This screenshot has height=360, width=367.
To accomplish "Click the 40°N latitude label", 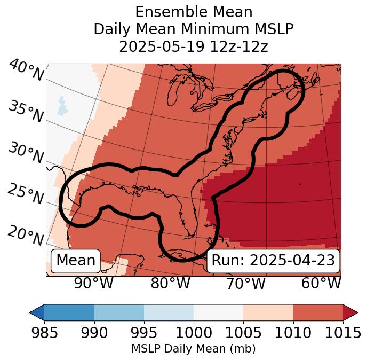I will pos(26,71).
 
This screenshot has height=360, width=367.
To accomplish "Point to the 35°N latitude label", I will pos(26,112).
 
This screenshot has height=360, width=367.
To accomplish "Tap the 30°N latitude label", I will pos(26,153).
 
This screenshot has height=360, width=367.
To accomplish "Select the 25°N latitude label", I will pos(26,194).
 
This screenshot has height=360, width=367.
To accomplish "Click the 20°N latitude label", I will pos(26,235).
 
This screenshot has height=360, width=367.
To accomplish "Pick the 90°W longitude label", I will pos(94,284).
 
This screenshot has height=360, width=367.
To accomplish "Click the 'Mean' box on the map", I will pos(76,261).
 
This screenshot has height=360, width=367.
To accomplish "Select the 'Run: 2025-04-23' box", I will pos(273,261).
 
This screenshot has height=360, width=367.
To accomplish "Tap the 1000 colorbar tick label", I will pos(194,333).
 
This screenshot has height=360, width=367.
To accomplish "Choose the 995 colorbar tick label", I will pos(144,333).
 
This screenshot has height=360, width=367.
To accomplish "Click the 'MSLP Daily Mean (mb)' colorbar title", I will pos(193,349).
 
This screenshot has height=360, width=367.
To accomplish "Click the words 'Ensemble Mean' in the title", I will pos(194,12).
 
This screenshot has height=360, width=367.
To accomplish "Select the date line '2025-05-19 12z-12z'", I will pos(194,46).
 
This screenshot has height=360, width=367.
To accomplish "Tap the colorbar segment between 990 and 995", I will pos(119,312).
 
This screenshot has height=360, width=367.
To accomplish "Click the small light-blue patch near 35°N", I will pos(63,105).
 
